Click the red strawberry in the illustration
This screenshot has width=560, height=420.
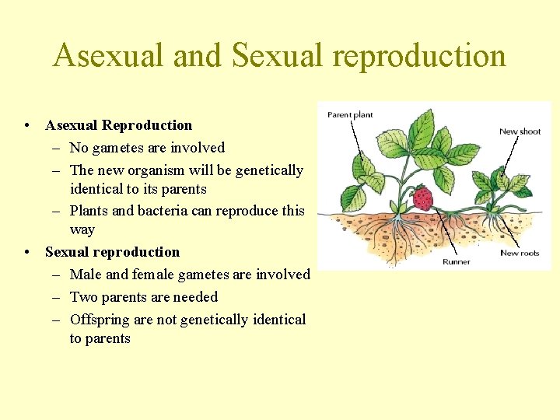[422, 198]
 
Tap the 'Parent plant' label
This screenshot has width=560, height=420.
[350, 115]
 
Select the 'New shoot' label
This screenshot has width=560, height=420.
[520, 131]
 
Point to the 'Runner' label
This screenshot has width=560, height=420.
[456, 262]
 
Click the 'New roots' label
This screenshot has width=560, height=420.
[520, 253]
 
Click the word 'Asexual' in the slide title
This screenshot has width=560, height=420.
[110, 56]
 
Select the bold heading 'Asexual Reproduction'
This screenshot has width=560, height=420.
[118, 125]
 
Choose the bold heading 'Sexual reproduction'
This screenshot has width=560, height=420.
[112, 252]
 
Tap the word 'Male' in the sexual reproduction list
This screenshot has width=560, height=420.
[85, 275]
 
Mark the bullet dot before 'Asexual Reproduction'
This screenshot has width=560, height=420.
[27, 126]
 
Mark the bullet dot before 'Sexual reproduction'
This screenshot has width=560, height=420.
[27, 253]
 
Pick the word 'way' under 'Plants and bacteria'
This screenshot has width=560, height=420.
[82, 230]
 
